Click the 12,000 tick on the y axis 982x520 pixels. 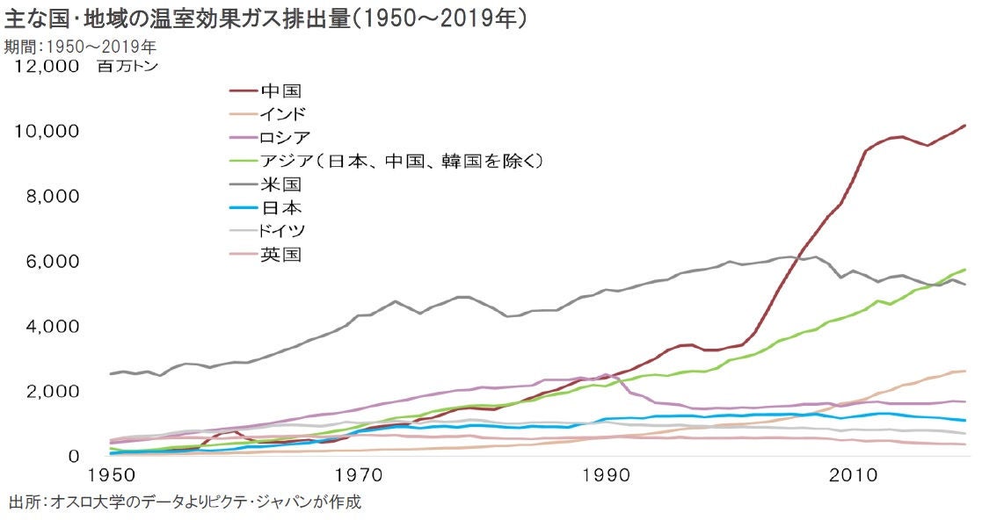(43, 67)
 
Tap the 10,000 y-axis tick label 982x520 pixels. (43, 132)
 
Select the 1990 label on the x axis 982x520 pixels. (606, 477)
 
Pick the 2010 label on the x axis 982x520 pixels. (852, 477)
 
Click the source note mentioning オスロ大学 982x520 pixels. (185, 503)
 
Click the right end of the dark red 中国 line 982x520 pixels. (965, 126)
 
